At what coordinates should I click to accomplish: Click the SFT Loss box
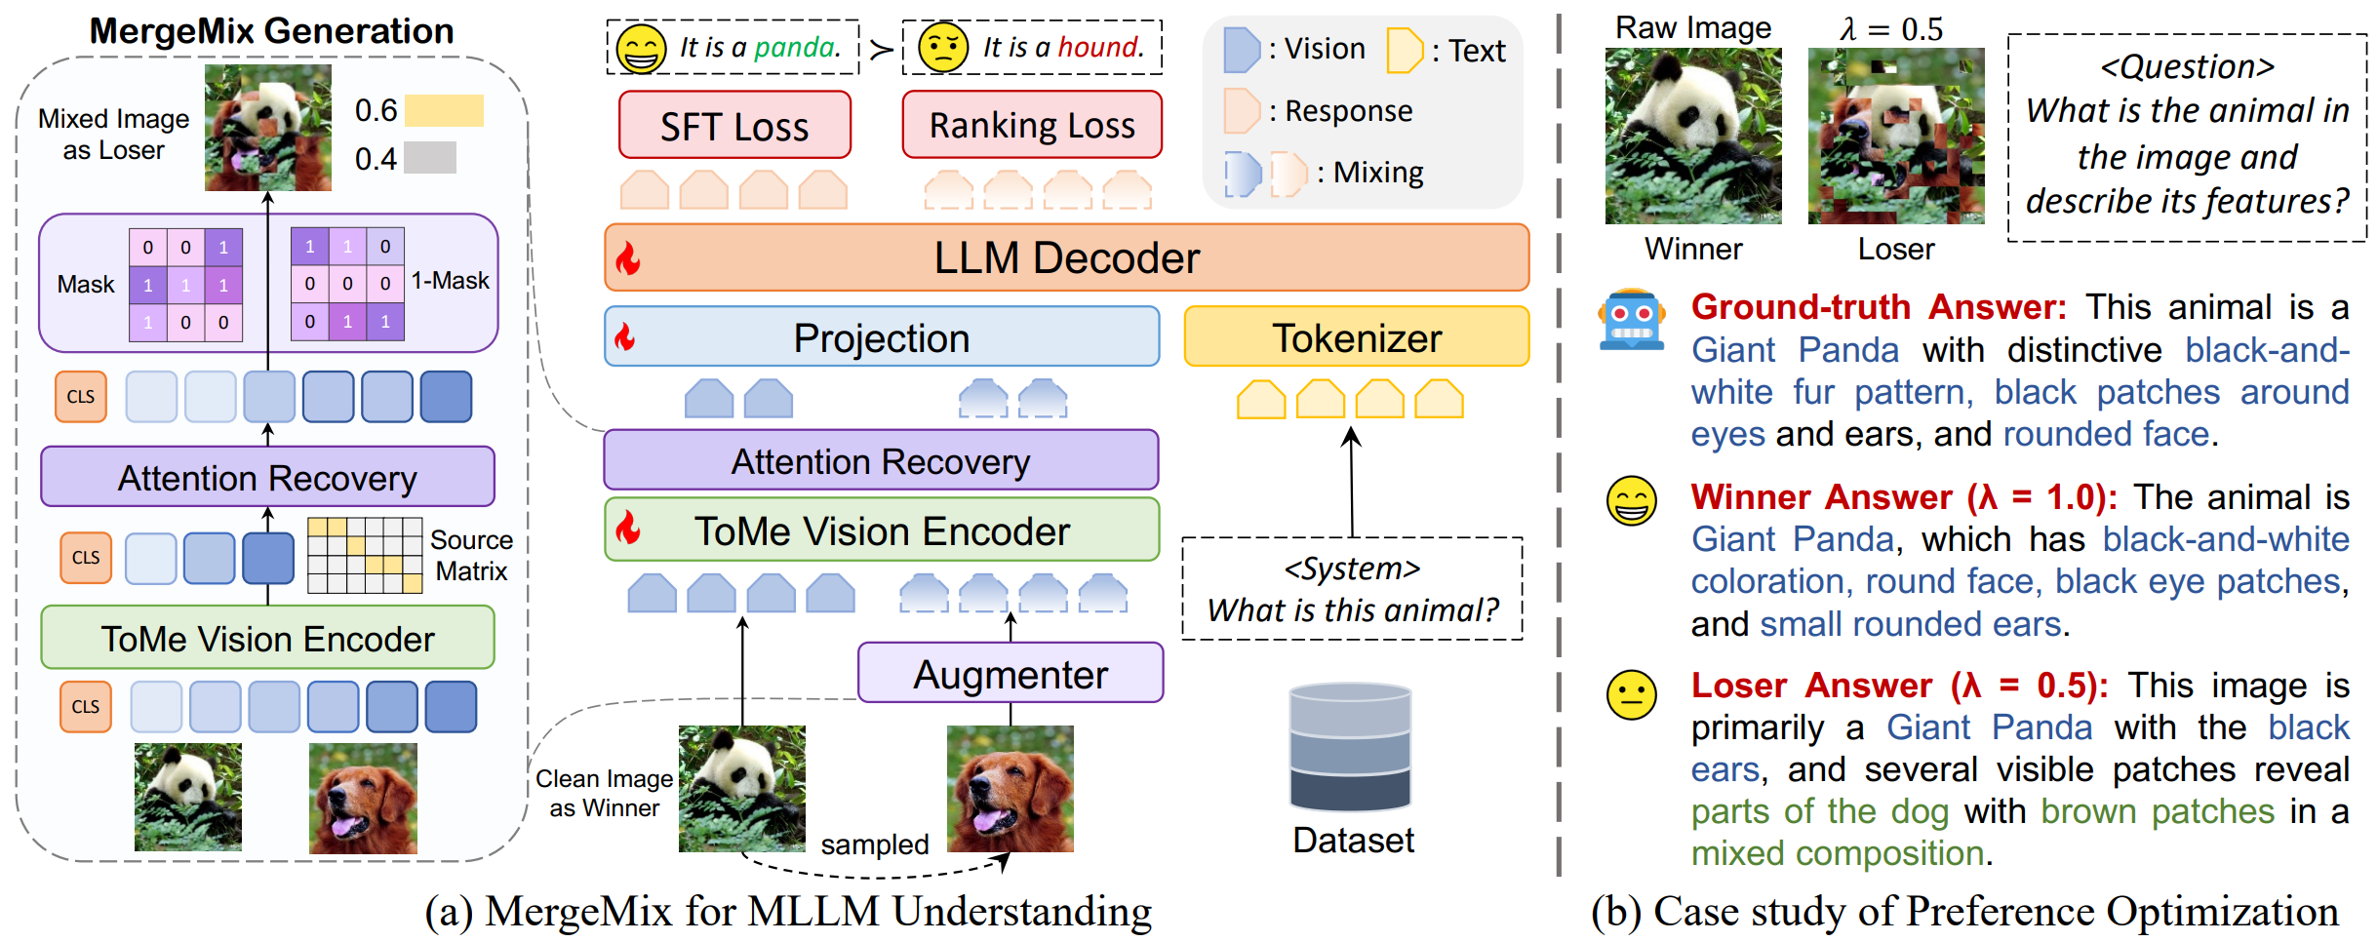[734, 126]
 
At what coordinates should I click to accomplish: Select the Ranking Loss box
[1032, 126]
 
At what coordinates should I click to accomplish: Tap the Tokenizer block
[1356, 337]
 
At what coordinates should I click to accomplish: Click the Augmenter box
[1011, 674]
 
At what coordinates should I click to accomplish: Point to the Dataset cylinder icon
[1350, 747]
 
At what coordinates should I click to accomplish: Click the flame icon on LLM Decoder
[629, 258]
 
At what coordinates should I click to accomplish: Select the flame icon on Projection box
[625, 337]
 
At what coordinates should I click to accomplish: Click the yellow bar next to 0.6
[444, 110]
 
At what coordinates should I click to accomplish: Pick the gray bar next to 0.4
[430, 158]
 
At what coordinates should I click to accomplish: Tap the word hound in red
[1100, 47]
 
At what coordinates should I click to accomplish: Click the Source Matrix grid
[365, 555]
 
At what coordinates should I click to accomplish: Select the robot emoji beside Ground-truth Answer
[1631, 320]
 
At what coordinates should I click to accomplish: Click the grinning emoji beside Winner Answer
[1631, 501]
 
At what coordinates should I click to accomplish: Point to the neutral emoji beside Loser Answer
[1631, 694]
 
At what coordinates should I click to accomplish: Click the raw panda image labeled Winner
[1692, 136]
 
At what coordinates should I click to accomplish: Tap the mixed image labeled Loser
[1895, 136]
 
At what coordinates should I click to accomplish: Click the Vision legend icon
[1241, 50]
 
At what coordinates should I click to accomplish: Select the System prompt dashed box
[1352, 589]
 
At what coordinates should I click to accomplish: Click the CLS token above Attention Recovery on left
[81, 397]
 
